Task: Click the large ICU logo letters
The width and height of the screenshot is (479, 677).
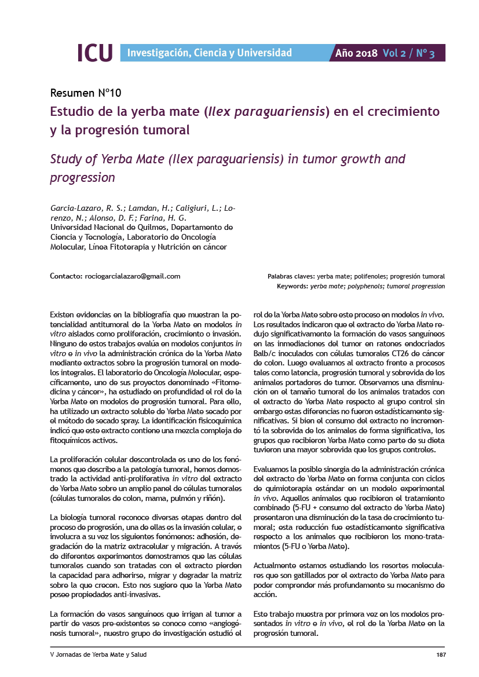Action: (x=95, y=53)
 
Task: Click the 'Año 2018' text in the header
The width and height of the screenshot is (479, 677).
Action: (x=356, y=53)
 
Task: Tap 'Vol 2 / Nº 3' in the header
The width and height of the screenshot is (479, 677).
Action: (x=408, y=53)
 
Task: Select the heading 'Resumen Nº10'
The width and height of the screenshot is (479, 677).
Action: (x=86, y=93)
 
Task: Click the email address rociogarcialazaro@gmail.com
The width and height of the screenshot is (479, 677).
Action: (x=133, y=276)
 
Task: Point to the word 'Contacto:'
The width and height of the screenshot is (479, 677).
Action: (x=67, y=276)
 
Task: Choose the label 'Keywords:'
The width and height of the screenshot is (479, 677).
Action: (x=292, y=286)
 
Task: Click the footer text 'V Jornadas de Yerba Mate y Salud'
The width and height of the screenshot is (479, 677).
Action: (x=98, y=654)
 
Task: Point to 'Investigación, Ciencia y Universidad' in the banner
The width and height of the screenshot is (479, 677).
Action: (x=209, y=53)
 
